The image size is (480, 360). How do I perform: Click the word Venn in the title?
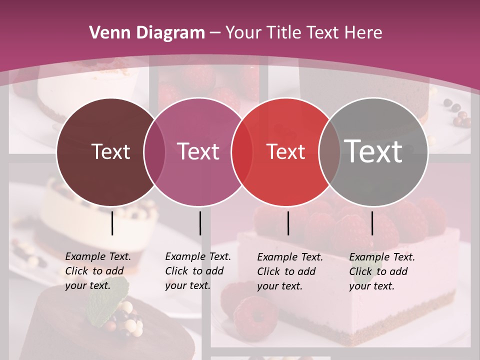pyautogui.click(x=106, y=32)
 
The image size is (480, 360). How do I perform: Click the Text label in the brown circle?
pyautogui.click(x=110, y=151)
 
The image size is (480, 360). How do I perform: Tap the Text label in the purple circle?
pyautogui.click(x=198, y=151)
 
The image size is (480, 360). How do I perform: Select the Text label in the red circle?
pyautogui.click(x=286, y=152)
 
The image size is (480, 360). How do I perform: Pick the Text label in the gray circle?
pyautogui.click(x=373, y=151)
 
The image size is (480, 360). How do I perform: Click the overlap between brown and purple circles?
pyautogui.click(x=154, y=151)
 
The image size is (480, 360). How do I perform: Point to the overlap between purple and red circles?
pyautogui.click(x=242, y=151)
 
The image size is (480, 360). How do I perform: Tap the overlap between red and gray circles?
pyautogui.click(x=329, y=151)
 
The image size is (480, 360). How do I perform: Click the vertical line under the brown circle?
pyautogui.click(x=112, y=223)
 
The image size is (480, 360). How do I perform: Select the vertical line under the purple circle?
pyautogui.click(x=200, y=223)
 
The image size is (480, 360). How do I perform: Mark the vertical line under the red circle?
pyautogui.click(x=288, y=223)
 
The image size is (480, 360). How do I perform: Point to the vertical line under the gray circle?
pyautogui.click(x=372, y=223)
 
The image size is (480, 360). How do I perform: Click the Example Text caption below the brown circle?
pyautogui.click(x=97, y=271)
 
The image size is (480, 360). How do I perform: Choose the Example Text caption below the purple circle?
pyautogui.click(x=197, y=271)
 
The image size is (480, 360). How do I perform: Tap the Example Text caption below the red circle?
pyautogui.click(x=289, y=271)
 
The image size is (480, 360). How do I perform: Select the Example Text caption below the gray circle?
pyautogui.click(x=381, y=271)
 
